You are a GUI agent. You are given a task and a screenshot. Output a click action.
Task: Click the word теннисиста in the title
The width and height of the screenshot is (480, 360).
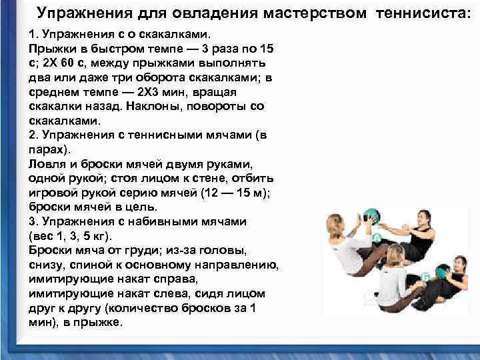pyautogui.click(x=423, y=13)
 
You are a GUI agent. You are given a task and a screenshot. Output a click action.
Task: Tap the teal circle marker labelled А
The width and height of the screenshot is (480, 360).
pyautogui.click(x=378, y=238)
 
